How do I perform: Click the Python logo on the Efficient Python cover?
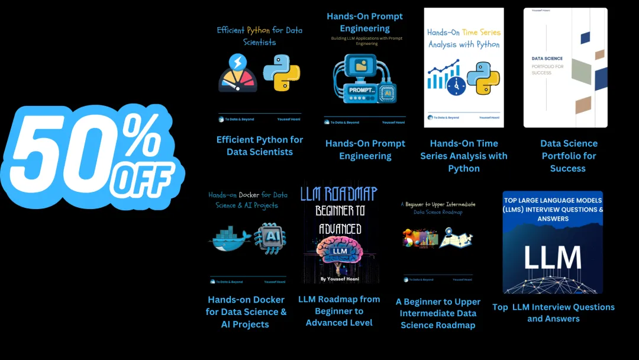pyautogui.click(x=282, y=73)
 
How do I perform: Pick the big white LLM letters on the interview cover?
pyautogui.click(x=553, y=257)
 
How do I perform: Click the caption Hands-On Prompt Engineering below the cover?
pyautogui.click(x=365, y=150)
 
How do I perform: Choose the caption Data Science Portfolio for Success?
pyautogui.click(x=569, y=156)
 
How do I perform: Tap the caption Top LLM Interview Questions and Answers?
pyautogui.click(x=553, y=313)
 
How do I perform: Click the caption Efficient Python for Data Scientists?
pyautogui.click(x=260, y=146)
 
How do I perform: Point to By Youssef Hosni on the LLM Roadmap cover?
pyautogui.click(x=340, y=278)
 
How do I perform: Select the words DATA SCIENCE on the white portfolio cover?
pyautogui.click(x=547, y=59)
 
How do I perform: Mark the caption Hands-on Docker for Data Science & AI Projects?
pyautogui.click(x=246, y=312)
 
